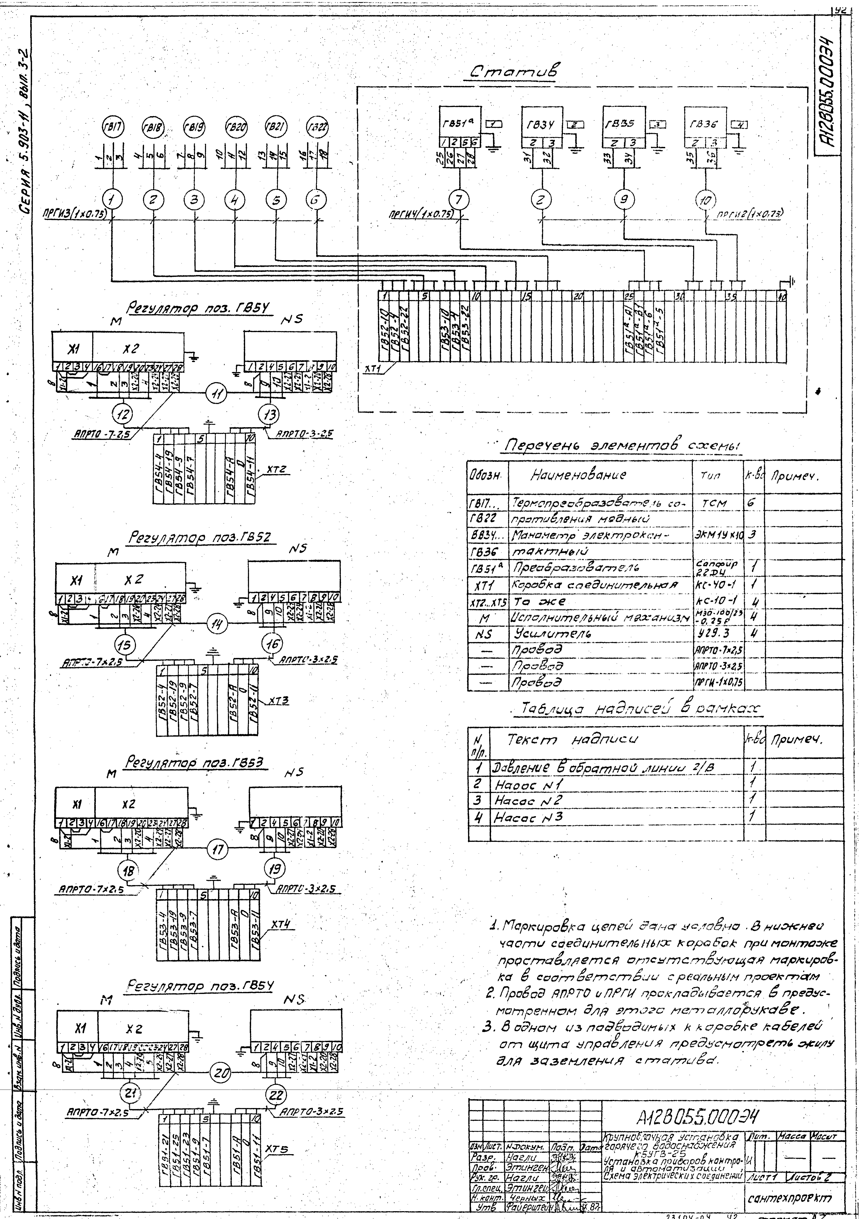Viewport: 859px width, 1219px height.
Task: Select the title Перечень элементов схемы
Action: (x=616, y=446)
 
